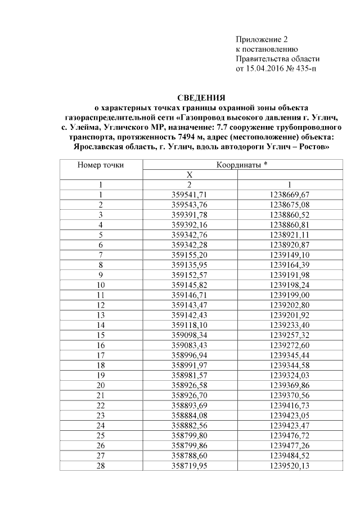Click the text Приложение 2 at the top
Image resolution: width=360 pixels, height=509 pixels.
tap(262, 40)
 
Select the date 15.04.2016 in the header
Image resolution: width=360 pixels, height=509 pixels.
tap(259, 69)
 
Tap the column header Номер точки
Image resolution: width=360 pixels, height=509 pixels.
tap(101, 165)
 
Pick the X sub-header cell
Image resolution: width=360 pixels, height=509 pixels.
tap(190, 174)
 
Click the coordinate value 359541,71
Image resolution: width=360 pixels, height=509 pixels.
tap(190, 194)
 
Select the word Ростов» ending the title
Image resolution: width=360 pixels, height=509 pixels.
tap(313, 147)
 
